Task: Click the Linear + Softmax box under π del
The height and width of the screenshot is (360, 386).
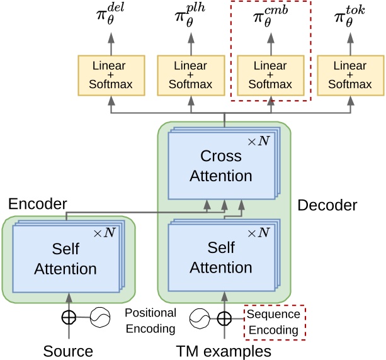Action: (x=111, y=75)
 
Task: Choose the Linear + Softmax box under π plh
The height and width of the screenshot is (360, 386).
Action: (x=191, y=75)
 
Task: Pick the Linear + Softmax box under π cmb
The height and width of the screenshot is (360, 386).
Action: (x=270, y=75)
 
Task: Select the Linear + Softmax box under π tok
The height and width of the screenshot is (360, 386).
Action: (x=349, y=75)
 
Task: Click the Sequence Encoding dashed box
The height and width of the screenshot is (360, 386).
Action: (x=274, y=322)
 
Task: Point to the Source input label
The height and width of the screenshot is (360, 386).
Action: (x=68, y=351)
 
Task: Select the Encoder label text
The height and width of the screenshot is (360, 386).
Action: (x=37, y=204)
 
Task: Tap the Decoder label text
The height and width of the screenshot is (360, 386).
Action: (x=327, y=205)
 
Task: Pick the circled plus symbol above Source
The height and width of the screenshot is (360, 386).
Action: (x=68, y=318)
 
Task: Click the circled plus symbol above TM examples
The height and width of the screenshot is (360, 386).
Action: (x=224, y=318)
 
